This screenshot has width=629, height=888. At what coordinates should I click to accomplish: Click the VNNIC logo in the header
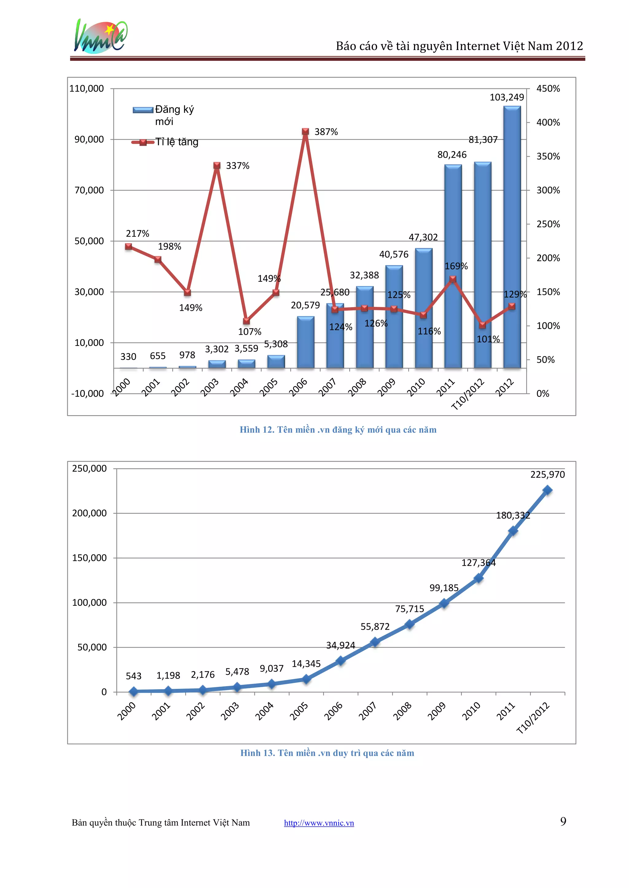[100, 37]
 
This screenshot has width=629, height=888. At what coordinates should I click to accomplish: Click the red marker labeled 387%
[305, 132]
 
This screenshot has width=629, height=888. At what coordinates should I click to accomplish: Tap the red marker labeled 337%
[217, 165]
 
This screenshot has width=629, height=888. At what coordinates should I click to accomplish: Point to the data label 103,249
[506, 97]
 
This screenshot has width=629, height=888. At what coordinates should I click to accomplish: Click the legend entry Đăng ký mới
[163, 115]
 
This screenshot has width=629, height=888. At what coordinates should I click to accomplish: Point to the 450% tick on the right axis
[548, 89]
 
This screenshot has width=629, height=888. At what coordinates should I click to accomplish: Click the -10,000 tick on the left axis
[88, 393]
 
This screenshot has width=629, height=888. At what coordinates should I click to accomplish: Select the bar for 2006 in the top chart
[306, 342]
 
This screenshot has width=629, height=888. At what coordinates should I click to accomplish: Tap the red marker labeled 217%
[129, 246]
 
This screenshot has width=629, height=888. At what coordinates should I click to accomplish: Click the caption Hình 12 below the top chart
[338, 430]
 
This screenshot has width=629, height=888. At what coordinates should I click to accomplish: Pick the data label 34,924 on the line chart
[340, 645]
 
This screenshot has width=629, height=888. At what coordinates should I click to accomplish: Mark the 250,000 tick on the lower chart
[89, 469]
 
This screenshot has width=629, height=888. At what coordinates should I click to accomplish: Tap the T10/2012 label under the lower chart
[533, 718]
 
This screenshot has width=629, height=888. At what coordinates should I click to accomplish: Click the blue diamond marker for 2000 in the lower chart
[134, 691]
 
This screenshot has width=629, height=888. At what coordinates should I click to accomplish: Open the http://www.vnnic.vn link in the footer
[319, 823]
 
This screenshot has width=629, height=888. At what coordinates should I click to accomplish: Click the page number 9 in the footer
[563, 821]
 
